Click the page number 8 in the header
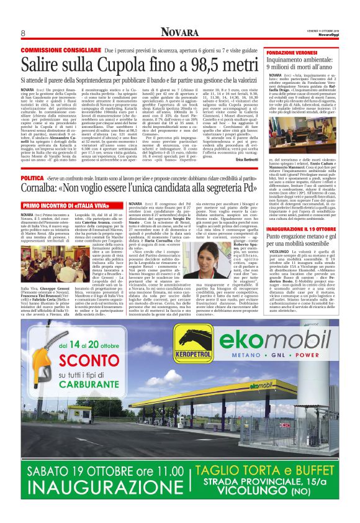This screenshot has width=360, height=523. pyautogui.click(x=23, y=33)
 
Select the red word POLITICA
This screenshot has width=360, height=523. pyautogui.click(x=32, y=179)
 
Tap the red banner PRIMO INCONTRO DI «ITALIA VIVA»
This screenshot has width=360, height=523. pyautogui.click(x=60, y=204)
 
